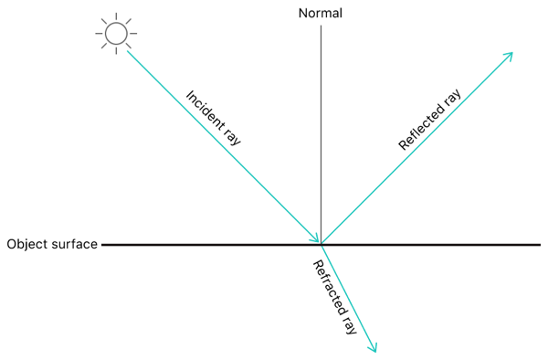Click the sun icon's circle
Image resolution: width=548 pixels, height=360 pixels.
[116, 35]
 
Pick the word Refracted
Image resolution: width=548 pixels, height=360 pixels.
[325, 286]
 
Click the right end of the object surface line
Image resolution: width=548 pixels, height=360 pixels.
[539, 244]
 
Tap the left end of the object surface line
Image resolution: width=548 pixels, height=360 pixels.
[104, 244]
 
